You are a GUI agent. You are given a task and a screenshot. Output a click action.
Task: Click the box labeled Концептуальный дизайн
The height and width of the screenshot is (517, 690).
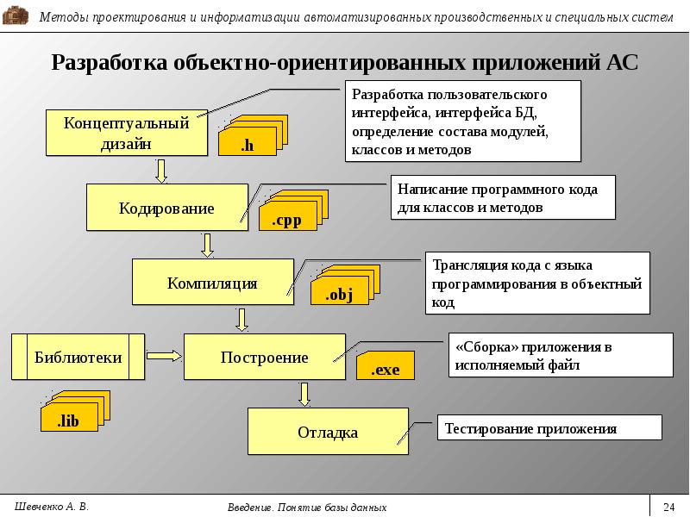[127, 133]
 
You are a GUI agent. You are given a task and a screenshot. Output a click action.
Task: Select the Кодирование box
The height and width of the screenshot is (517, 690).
[167, 208]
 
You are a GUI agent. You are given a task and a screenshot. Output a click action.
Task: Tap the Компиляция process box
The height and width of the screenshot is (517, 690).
[213, 282]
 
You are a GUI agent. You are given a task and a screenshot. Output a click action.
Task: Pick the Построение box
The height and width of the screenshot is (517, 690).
[265, 357]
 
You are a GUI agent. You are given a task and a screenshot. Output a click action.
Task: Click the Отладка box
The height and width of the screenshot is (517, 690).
[328, 432]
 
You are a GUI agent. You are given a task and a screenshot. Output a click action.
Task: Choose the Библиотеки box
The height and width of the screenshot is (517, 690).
[78, 357]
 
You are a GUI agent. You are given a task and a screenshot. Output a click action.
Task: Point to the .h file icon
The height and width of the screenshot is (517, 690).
[253, 135]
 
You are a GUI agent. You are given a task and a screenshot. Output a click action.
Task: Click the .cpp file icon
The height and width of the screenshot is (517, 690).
[293, 210]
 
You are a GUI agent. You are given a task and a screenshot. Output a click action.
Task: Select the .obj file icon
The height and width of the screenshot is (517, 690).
[346, 285]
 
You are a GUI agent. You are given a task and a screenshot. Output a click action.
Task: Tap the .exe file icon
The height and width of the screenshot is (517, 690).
[386, 365]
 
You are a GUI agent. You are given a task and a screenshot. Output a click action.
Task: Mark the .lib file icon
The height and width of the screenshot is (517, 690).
[75, 411]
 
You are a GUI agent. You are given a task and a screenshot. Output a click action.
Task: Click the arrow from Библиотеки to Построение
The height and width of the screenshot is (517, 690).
[164, 356]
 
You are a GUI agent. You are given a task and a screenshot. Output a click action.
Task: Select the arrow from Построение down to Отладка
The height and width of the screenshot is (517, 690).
[304, 395]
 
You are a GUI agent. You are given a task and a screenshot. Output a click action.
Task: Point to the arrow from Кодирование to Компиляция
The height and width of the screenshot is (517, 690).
[207, 245]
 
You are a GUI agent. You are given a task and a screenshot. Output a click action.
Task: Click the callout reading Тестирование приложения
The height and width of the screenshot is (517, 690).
[549, 427]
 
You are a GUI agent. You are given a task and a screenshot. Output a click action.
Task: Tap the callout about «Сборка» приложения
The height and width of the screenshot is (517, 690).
[561, 355]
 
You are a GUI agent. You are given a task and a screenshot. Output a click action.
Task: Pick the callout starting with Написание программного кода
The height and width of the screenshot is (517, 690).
[503, 197]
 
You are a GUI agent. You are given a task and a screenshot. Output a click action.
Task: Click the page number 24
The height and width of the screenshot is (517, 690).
[669, 507]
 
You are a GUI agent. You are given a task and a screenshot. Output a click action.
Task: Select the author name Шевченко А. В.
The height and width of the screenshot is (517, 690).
[52, 507]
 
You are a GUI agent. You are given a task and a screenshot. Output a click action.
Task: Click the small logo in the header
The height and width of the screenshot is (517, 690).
[16, 16]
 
